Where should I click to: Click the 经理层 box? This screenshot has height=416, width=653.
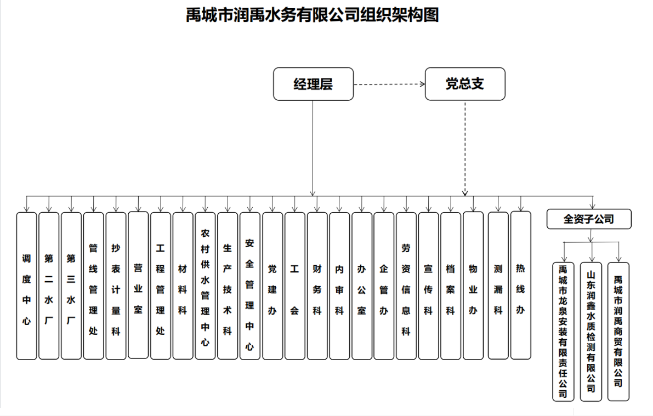[x=313, y=84]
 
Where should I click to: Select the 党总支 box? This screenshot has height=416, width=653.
[x=465, y=84]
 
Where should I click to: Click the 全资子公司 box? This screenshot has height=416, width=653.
[x=589, y=219]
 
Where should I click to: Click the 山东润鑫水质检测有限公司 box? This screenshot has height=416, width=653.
[x=591, y=331]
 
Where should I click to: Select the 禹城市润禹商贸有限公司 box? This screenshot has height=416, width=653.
[x=618, y=331]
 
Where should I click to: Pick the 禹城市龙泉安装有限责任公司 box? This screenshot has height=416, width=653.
[x=563, y=331]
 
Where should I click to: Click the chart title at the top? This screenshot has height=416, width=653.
[x=313, y=15]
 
